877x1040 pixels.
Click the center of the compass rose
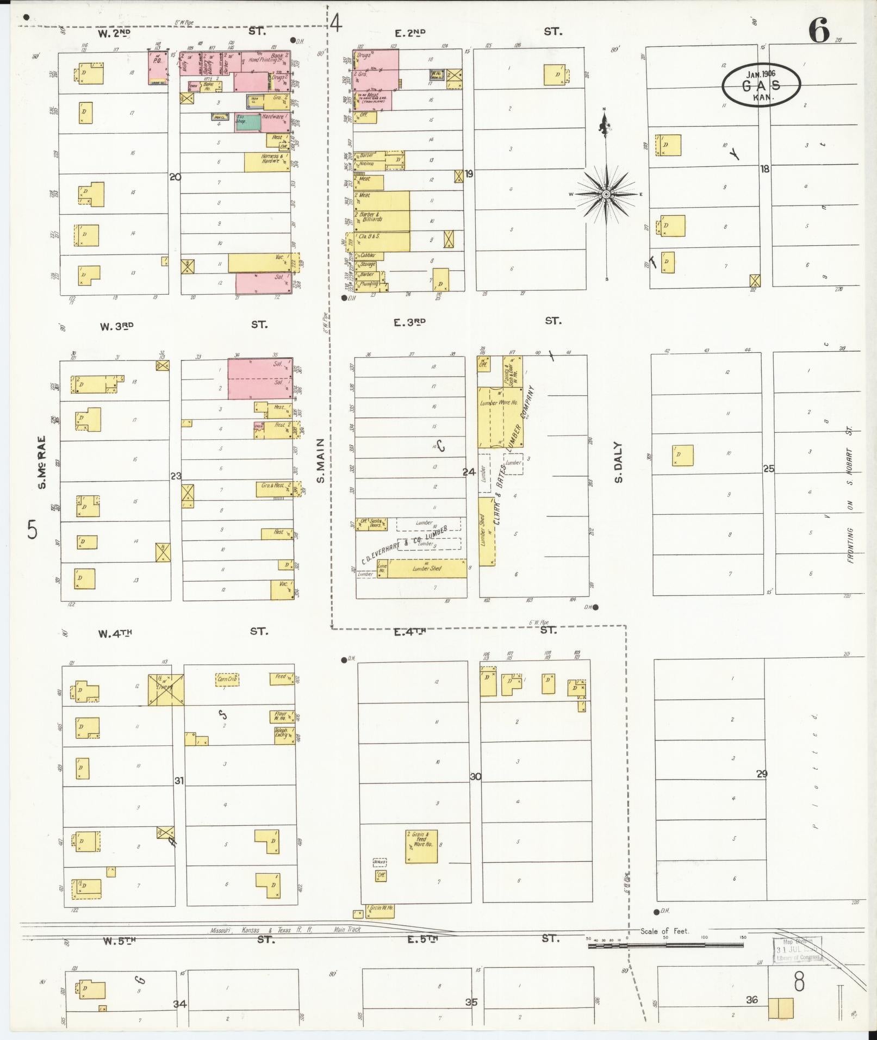tap(606, 194)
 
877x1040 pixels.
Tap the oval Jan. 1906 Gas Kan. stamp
tap(761, 85)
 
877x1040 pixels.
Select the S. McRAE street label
tap(42, 462)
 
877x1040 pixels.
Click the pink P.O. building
tap(158, 68)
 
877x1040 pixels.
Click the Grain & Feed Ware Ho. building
tap(421, 846)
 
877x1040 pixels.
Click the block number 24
tap(469, 472)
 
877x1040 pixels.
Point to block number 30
tap(475, 776)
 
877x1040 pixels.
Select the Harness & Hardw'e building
tap(267, 161)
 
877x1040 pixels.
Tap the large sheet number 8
tap(799, 982)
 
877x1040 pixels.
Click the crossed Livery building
tap(166, 690)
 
